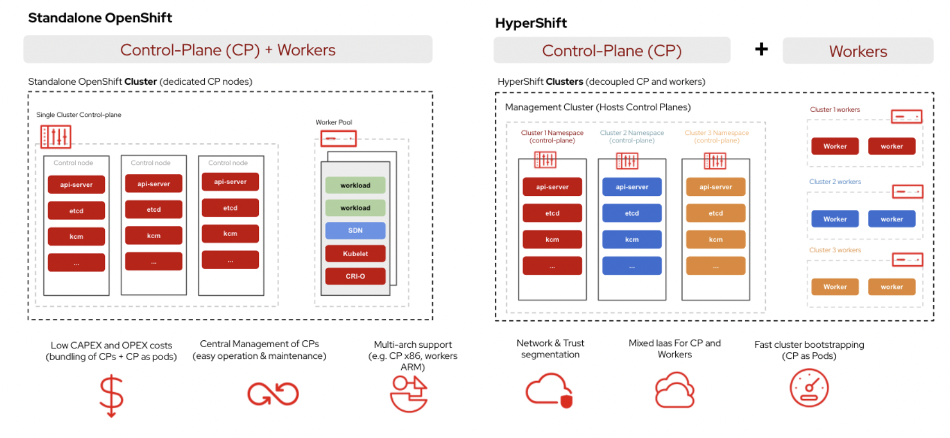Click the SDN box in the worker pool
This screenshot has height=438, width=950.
coord(355,230)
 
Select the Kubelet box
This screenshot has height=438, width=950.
coord(355,253)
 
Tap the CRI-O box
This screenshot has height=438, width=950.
coord(355,276)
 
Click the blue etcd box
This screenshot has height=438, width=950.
coord(632,213)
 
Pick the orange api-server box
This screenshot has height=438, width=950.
coord(715,187)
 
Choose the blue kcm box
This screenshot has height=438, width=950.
coord(632,239)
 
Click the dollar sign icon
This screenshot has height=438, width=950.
coord(111,395)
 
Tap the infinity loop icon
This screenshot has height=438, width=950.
coord(273,394)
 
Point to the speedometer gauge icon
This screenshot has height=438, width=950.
coord(809,388)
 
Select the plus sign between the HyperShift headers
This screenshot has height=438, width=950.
coord(762,49)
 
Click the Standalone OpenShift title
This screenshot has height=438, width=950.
coord(100,17)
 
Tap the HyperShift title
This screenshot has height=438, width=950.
coord(531,23)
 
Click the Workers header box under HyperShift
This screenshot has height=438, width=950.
coord(857,51)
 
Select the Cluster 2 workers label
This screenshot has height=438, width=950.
coord(835,182)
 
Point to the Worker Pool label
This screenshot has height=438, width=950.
coord(333,122)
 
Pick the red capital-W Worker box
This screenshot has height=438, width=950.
coord(835,146)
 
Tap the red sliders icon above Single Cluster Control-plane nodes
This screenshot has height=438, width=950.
coord(56,137)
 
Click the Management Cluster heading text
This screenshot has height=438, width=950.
coord(597,107)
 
